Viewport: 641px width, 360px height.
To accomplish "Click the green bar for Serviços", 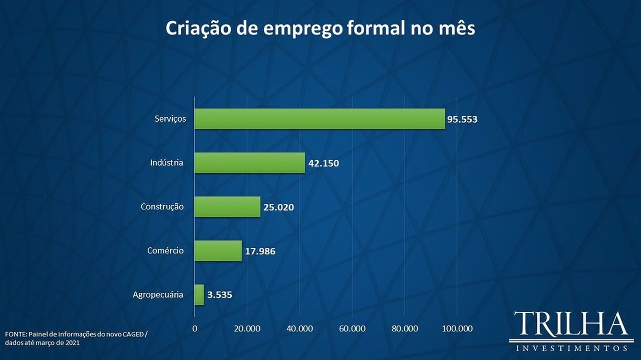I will pyautogui.click(x=319, y=119).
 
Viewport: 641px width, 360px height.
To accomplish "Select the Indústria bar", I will pyautogui.click(x=249, y=163).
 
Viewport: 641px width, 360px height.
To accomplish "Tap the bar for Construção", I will pyautogui.click(x=227, y=207).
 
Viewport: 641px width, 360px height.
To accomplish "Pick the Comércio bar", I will pyautogui.click(x=218, y=251).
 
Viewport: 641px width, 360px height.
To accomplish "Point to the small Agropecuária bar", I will pyautogui.click(x=199, y=295).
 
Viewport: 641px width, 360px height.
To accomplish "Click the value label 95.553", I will pyautogui.click(x=463, y=120).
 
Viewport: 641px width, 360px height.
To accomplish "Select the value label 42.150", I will pyautogui.click(x=324, y=163).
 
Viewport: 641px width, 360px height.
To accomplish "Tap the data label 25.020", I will pyautogui.click(x=279, y=207).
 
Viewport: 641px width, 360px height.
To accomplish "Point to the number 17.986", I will pyautogui.click(x=260, y=251).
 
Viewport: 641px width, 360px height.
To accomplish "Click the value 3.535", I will pyautogui.click(x=220, y=295).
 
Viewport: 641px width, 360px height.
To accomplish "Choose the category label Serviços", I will pyautogui.click(x=170, y=119).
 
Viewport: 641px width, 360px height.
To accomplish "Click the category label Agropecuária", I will pyautogui.click(x=158, y=295).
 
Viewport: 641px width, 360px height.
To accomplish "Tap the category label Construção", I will pyautogui.click(x=162, y=207).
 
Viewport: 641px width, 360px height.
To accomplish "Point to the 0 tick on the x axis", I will pyautogui.click(x=195, y=328).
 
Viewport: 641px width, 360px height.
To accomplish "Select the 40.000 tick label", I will pyautogui.click(x=299, y=328).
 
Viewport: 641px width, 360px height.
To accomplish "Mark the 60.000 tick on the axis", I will pyautogui.click(x=352, y=328).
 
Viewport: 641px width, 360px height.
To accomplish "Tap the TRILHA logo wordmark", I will pyautogui.click(x=570, y=324).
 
